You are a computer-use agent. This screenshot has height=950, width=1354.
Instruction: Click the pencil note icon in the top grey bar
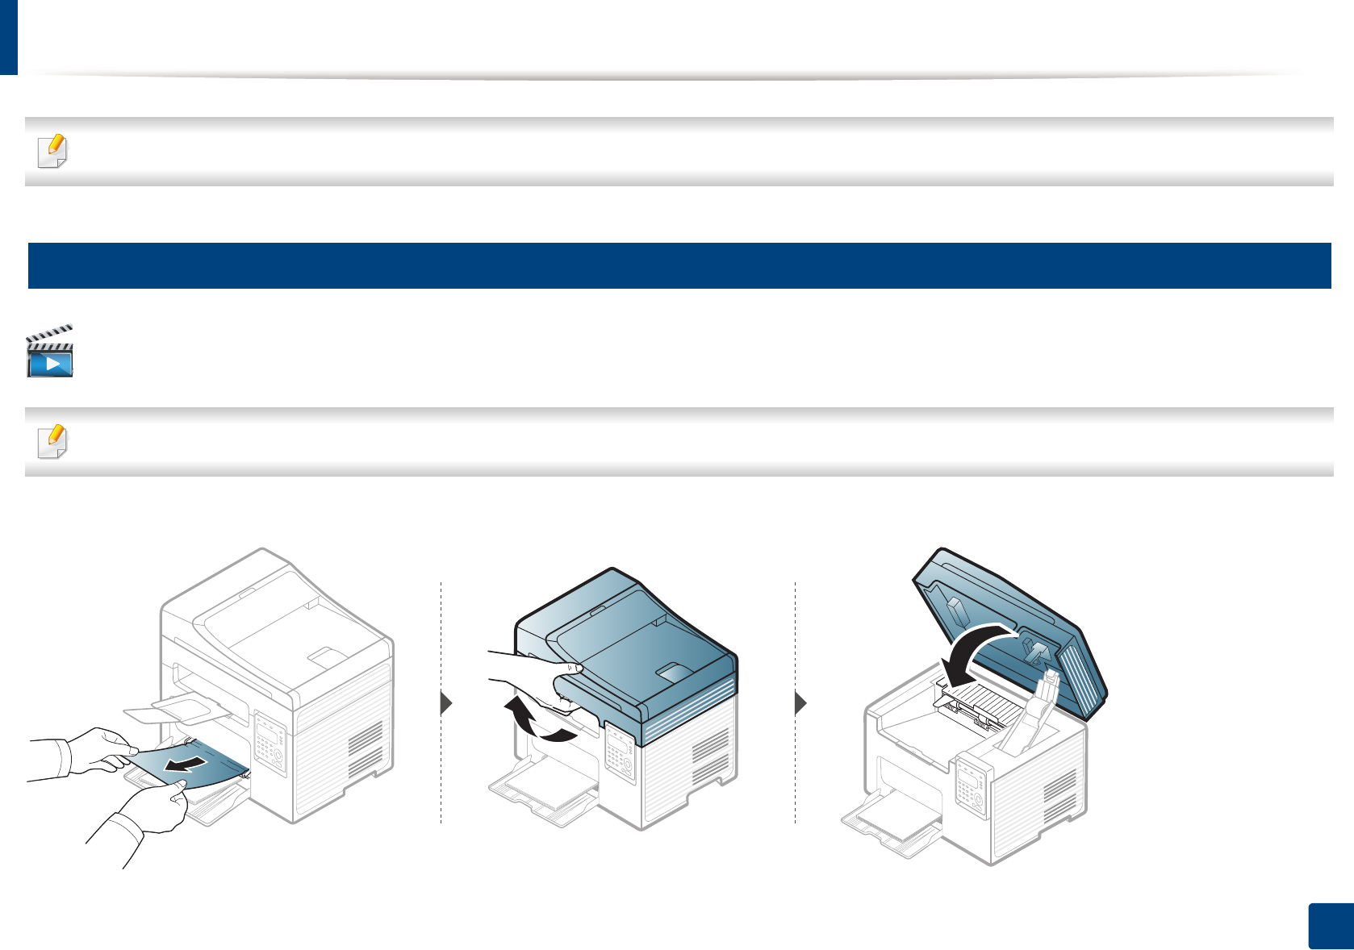[x=53, y=151]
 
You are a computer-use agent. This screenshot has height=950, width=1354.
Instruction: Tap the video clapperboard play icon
[x=50, y=352]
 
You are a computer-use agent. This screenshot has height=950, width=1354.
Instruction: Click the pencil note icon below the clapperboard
[x=53, y=441]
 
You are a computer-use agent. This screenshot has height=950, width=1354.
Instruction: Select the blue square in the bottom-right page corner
[x=1330, y=927]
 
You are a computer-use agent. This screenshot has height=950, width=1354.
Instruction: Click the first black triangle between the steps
[x=446, y=703]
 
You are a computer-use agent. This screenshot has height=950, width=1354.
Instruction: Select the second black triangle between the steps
[x=800, y=703]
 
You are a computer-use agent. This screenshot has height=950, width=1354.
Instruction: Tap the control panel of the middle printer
[x=619, y=753]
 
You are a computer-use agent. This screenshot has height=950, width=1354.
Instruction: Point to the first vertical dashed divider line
[x=441, y=702]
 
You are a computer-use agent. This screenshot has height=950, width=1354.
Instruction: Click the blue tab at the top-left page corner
[x=8, y=36]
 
